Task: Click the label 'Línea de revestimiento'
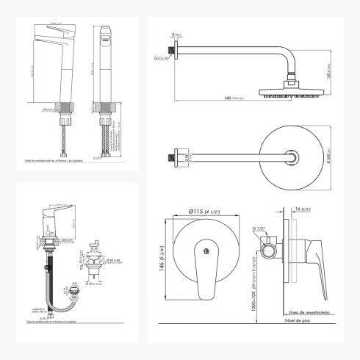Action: tap(303, 311)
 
